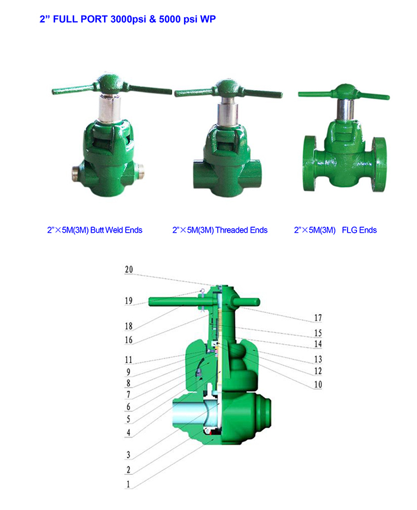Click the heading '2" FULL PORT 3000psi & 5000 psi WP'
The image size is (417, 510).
[x=128, y=19]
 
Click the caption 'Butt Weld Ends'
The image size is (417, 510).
[x=116, y=231]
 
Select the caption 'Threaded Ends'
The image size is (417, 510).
[x=241, y=231]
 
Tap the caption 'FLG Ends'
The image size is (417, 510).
[x=359, y=231]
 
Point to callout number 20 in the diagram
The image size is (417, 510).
[x=129, y=269]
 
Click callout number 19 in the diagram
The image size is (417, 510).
[x=128, y=301]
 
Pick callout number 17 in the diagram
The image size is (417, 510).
[x=318, y=318]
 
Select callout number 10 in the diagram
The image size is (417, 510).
[x=318, y=385]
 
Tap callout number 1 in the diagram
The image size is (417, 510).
[x=128, y=484]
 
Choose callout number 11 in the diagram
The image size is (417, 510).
[x=128, y=360]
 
